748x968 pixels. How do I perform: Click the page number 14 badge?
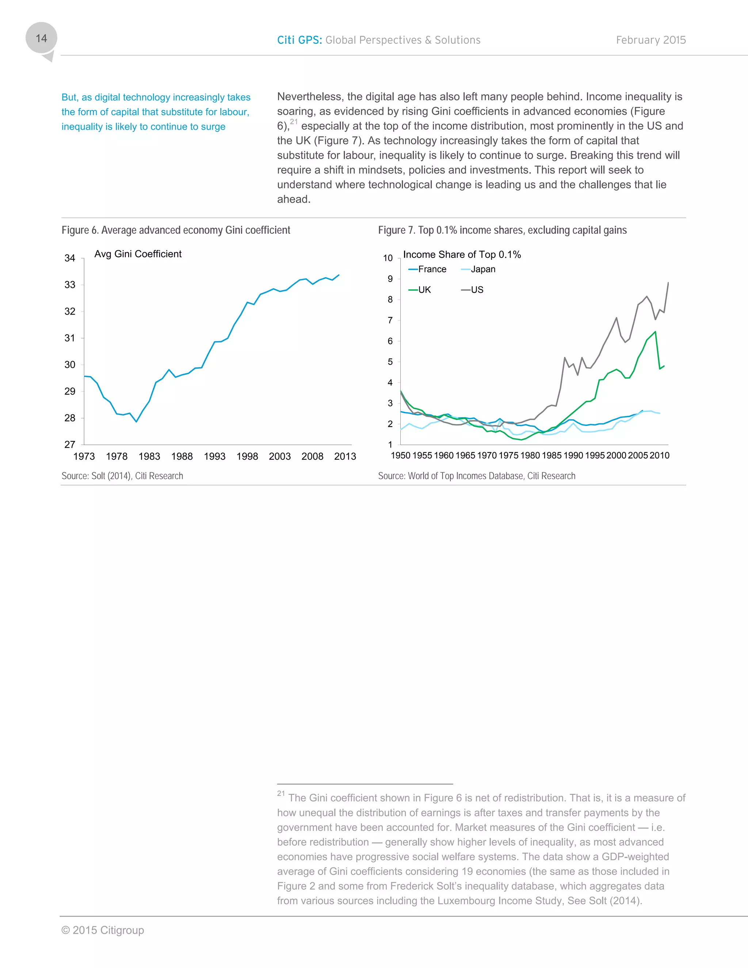point(41,39)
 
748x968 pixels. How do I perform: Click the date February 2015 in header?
point(650,40)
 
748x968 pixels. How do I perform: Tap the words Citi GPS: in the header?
point(299,40)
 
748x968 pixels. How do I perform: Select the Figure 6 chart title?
point(176,230)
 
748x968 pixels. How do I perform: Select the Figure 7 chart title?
point(502,230)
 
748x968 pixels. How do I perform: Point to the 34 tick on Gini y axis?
point(70,258)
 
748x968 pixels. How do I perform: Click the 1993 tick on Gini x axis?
point(214,456)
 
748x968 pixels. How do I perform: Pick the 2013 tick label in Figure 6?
point(345,456)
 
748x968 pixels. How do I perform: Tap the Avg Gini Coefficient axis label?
point(138,254)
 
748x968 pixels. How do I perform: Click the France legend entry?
point(428,269)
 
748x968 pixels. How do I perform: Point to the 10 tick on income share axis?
point(388,258)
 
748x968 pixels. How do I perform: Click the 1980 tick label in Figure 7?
point(530,455)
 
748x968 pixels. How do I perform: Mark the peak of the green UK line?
point(655,332)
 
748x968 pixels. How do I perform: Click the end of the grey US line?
point(668,283)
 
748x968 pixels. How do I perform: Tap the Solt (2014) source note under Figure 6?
point(122,476)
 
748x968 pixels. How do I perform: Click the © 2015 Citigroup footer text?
point(103,930)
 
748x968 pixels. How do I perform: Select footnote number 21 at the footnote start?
point(281,793)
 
